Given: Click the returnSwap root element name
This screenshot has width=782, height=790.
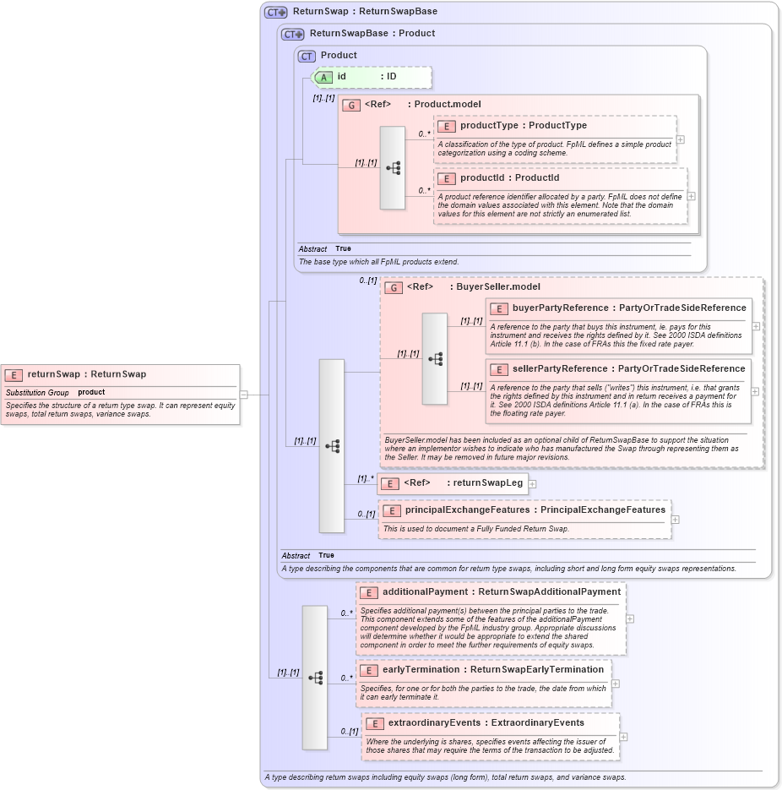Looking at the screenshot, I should point(54,374).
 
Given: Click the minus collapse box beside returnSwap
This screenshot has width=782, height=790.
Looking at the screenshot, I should point(243,394).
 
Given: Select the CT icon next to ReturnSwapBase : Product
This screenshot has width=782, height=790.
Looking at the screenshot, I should point(293,34).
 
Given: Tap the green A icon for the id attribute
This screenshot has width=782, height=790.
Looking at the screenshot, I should point(324,77).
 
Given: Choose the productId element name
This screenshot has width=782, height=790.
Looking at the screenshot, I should point(486,178).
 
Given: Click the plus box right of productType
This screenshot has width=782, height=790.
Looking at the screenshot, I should point(680,139).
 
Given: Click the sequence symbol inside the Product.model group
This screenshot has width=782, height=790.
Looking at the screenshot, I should point(393,167).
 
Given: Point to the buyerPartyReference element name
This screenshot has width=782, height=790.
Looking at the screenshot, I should point(560,308).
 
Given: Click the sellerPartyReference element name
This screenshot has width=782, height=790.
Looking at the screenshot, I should point(560,368).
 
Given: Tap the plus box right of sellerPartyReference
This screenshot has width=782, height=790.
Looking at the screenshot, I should point(755,392).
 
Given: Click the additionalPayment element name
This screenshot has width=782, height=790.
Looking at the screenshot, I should point(430,592).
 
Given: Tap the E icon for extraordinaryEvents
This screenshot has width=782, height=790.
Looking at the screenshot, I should point(374,724).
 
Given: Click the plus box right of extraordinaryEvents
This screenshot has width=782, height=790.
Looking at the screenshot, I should point(623,738).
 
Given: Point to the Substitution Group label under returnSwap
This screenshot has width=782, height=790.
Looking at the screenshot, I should point(37,393).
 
